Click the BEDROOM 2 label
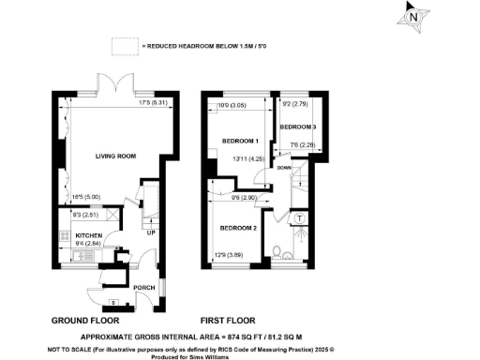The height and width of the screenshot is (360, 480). click(237, 229)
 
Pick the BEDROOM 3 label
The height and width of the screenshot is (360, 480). click(300, 126)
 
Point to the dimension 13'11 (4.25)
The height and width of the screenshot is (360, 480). click(246, 160)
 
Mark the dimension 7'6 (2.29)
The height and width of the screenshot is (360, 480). click(302, 145)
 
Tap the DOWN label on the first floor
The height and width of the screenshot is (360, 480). click(282, 168)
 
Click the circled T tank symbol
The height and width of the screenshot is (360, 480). click(299, 218)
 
